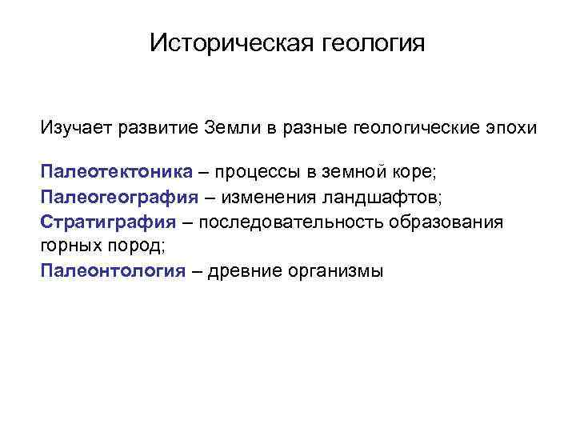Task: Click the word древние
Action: click(x=244, y=270)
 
